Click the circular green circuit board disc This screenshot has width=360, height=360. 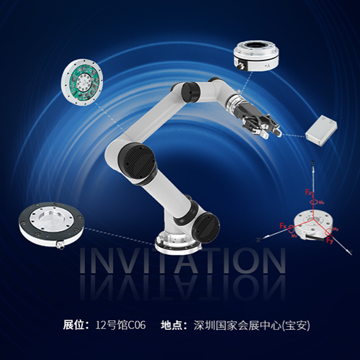[84, 82]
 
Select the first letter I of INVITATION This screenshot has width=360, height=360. [83, 262]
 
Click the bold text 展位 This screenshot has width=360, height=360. [74, 325]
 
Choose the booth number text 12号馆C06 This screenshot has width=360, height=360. [120, 325]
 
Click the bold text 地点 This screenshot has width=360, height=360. [173, 325]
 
